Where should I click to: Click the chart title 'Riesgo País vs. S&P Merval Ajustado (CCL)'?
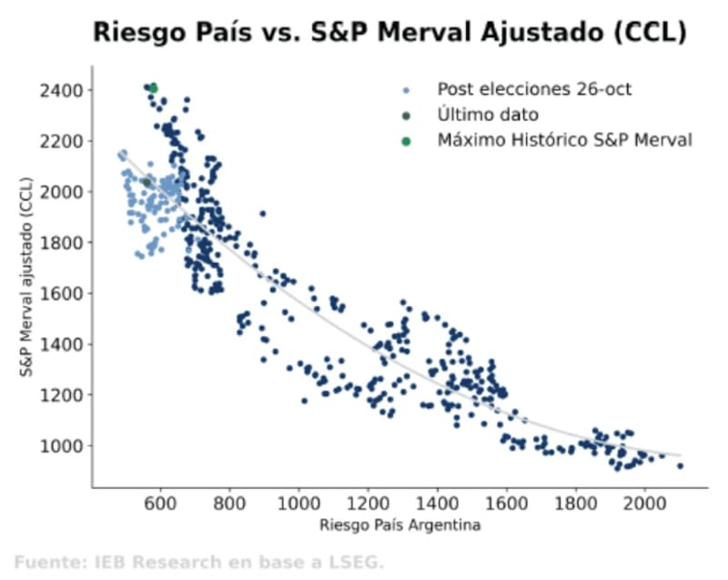(389, 34)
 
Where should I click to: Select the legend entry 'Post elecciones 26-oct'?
(533, 89)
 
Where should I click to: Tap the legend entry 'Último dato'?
(488, 115)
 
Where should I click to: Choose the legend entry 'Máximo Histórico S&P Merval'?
(564, 140)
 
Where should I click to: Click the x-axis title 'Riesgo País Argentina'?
(399, 525)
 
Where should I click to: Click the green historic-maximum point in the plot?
(153, 88)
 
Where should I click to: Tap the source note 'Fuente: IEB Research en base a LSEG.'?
(198, 562)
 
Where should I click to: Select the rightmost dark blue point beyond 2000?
(680, 465)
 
